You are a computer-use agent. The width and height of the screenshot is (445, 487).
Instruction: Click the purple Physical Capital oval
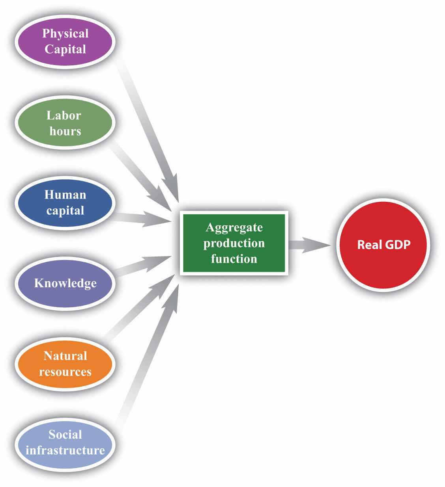pos(65,41)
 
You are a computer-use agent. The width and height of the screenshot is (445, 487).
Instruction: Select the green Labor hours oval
pos(65,123)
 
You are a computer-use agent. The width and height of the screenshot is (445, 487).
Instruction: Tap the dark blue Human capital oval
pos(65,202)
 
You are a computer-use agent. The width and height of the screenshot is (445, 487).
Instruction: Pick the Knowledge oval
pos(65,283)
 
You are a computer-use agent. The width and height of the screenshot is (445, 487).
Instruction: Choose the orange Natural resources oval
pos(65,364)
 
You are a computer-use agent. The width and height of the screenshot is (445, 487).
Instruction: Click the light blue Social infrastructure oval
pos(65,442)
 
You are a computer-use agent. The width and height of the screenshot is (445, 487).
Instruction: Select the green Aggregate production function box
pos(234,243)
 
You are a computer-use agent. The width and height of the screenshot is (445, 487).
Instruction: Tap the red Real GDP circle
pos(383,244)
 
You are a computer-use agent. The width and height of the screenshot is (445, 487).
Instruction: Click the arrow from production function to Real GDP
pos(310,245)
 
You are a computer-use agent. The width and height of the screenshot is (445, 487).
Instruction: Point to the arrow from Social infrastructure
pos(146,355)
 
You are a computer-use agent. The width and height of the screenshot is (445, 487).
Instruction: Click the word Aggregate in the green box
pos(234,228)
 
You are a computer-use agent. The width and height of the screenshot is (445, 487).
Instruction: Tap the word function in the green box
pos(234,259)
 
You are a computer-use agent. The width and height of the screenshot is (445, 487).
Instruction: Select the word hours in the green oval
pos(65,131)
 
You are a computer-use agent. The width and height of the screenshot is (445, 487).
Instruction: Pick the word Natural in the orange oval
pos(65,356)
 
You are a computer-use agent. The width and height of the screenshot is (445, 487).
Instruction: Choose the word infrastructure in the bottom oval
pos(65,450)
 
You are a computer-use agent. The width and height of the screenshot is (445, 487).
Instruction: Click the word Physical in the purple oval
pos(65,33)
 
